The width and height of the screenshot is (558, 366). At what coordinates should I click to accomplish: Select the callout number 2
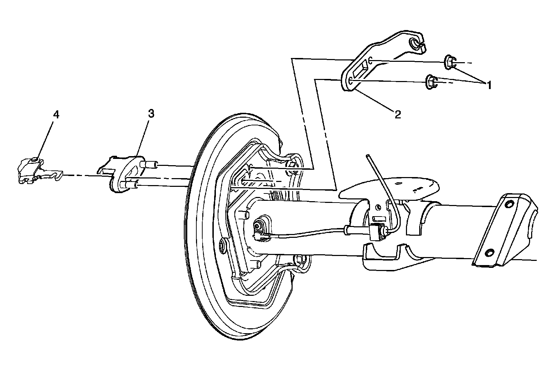pyautogui.click(x=398, y=115)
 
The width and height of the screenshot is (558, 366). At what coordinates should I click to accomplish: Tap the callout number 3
pyautogui.click(x=151, y=114)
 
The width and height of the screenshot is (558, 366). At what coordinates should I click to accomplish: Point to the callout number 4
pyautogui.click(x=56, y=115)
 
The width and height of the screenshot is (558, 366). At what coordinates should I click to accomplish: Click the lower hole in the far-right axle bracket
pyautogui.click(x=489, y=252)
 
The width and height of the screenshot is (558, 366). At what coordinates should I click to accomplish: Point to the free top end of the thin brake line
pyautogui.click(x=368, y=156)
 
